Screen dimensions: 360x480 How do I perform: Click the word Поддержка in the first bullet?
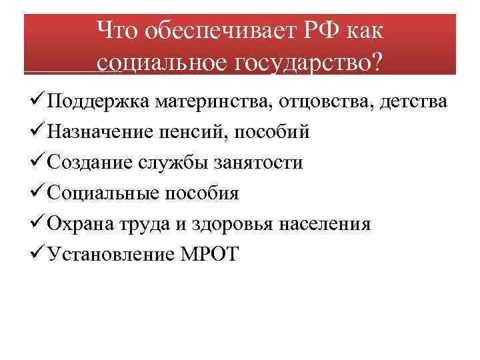tap(99, 102)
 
